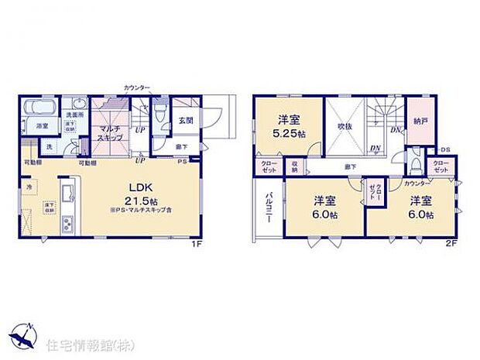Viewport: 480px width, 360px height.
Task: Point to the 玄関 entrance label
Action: (x=185, y=120)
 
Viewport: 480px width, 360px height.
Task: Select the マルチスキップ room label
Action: (x=108, y=132)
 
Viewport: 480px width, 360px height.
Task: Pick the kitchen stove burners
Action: (x=67, y=225)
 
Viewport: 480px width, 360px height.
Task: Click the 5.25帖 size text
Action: (x=289, y=134)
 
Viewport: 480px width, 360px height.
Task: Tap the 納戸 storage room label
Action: (x=422, y=121)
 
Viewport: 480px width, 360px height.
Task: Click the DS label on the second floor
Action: (x=446, y=149)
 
